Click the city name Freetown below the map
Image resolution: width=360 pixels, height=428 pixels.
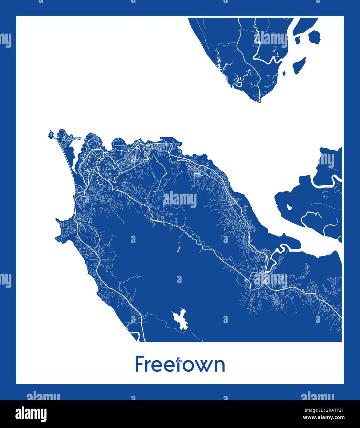pyautogui.click(x=180, y=364)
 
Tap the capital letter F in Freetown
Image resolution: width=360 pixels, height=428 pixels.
pyautogui.click(x=140, y=364)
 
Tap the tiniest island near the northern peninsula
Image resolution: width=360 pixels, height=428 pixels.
pyautogui.click(x=284, y=73)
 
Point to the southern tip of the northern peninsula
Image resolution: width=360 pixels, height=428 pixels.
pyautogui.click(x=260, y=101)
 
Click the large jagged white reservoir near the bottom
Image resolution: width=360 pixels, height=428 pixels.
pyautogui.click(x=180, y=319)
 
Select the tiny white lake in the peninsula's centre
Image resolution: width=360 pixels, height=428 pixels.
pyautogui.click(x=178, y=249)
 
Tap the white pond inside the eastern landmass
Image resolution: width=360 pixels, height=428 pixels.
pyautogui.click(x=289, y=207)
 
